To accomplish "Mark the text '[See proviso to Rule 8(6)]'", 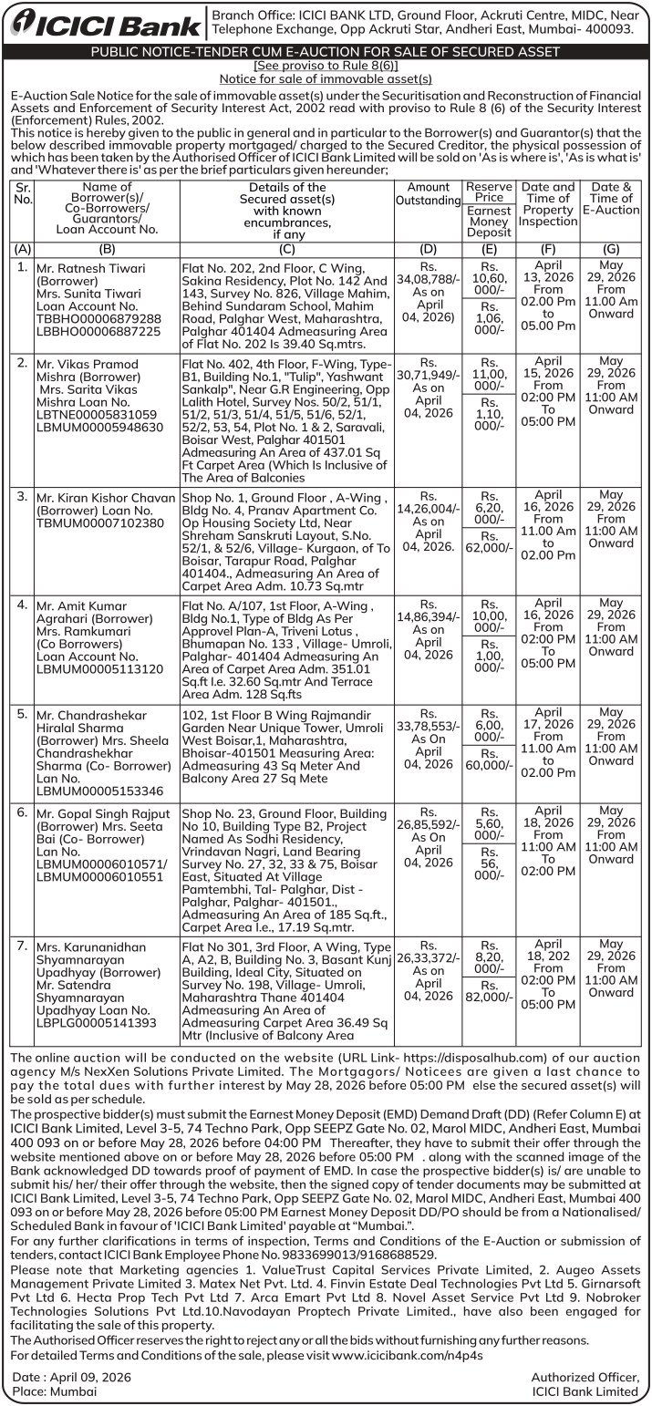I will coord(326,67).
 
